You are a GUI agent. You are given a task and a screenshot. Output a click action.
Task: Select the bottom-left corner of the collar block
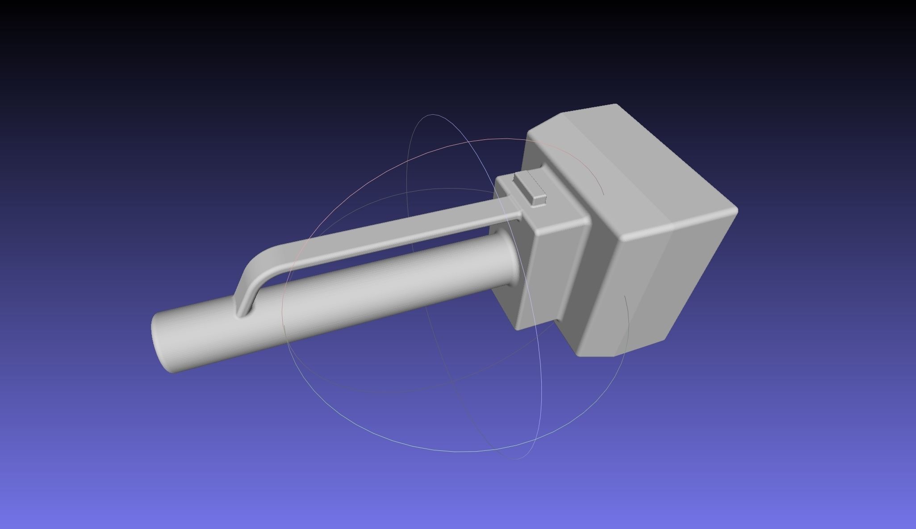[x=518, y=328]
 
